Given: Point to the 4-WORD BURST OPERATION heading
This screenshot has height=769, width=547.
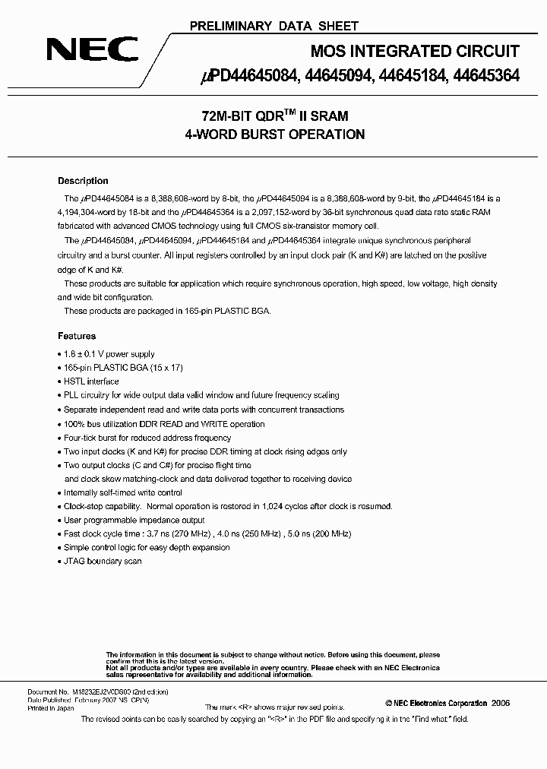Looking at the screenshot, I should [x=274, y=134].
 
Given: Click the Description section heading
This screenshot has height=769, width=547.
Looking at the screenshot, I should [x=83, y=181].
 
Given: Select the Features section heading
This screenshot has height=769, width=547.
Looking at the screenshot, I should [x=77, y=336].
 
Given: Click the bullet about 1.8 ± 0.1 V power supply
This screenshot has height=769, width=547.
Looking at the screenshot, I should [x=109, y=354].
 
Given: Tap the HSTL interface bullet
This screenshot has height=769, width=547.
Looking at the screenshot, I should [x=90, y=381].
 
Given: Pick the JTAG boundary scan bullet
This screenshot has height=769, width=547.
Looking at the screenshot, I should [x=103, y=561].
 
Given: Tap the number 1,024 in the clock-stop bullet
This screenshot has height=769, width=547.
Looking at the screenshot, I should [x=272, y=506].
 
